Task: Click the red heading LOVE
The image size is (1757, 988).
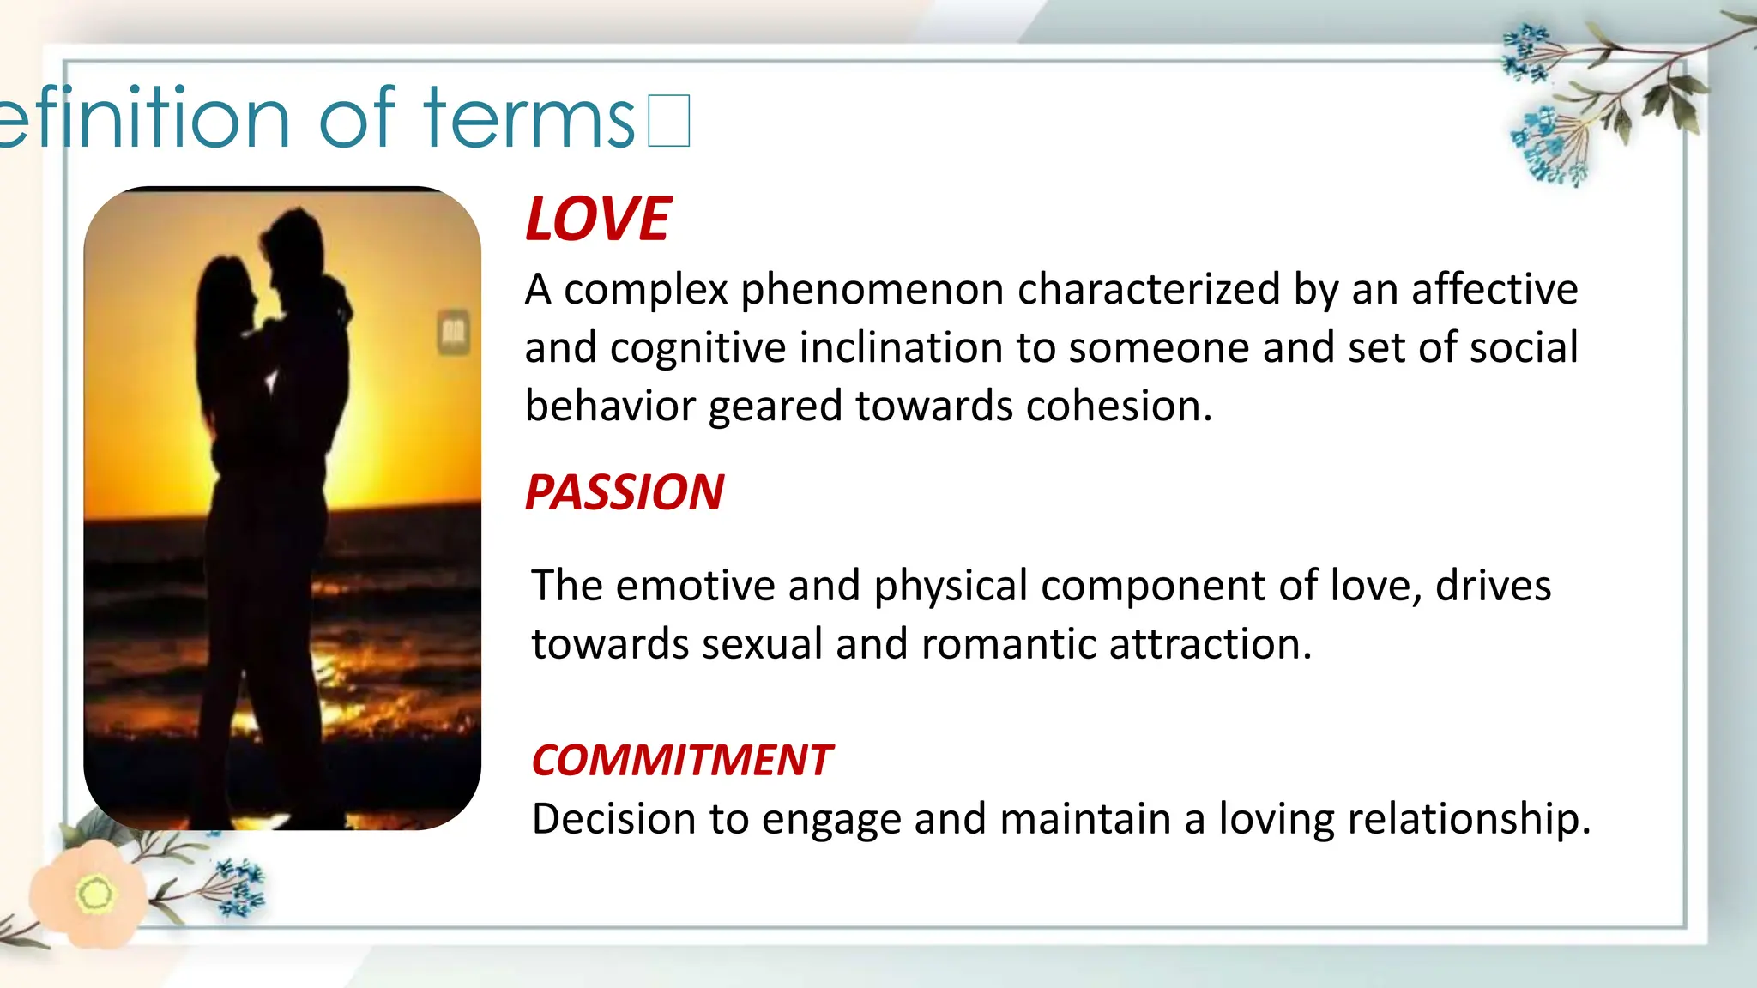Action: (x=597, y=220)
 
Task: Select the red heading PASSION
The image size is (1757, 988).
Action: (x=625, y=492)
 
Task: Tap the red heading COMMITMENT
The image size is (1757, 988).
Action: (x=681, y=761)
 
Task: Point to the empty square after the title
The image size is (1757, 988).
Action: (x=669, y=121)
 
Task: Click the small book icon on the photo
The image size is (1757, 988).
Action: (x=454, y=332)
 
